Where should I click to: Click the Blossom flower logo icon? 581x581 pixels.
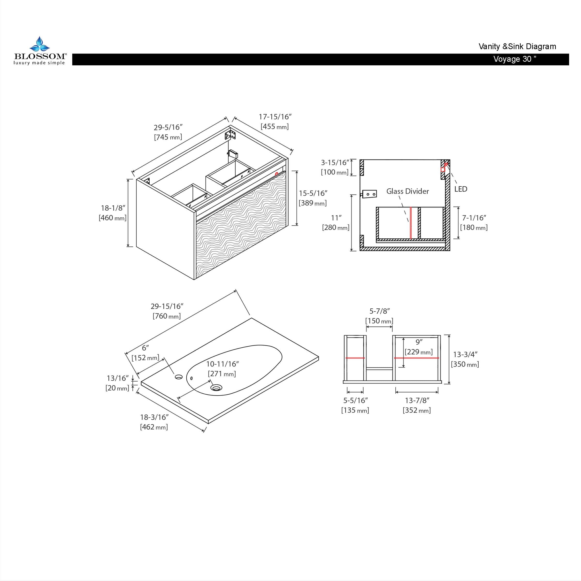pyautogui.click(x=39, y=44)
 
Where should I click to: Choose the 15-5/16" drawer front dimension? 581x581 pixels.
pyautogui.click(x=313, y=193)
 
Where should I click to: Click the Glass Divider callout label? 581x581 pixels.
pyautogui.click(x=407, y=191)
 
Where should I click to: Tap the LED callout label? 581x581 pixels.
pyautogui.click(x=460, y=189)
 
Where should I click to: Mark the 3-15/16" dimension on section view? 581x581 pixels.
pyautogui.click(x=335, y=163)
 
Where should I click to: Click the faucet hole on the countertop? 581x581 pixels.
pyautogui.click(x=179, y=376)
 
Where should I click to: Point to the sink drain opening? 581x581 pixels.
pyautogui.click(x=216, y=387)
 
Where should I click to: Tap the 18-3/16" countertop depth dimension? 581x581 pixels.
pyautogui.click(x=154, y=417)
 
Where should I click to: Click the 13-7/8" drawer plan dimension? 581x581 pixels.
pyautogui.click(x=417, y=401)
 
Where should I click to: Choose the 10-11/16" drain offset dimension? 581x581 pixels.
pyautogui.click(x=222, y=364)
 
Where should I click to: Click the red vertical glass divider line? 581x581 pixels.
pyautogui.click(x=411, y=223)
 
